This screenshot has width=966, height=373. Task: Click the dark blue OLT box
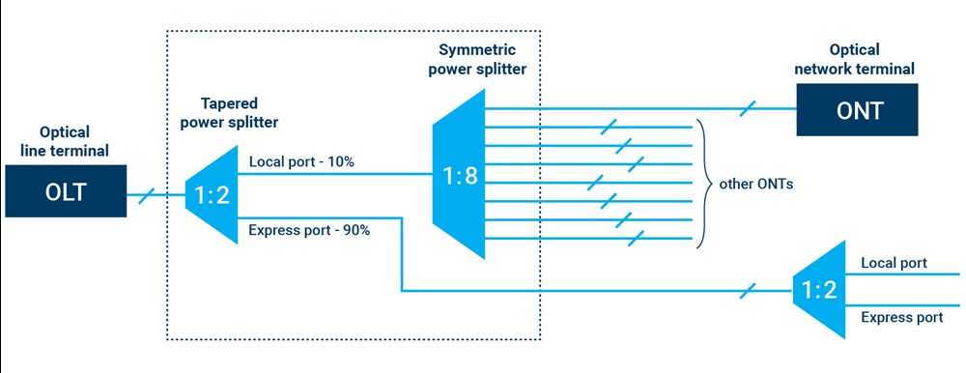(66, 190)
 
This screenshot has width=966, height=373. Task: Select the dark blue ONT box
(855, 109)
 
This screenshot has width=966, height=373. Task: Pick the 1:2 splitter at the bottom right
(817, 290)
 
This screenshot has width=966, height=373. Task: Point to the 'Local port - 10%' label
(301, 162)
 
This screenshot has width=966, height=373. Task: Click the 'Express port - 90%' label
(309, 230)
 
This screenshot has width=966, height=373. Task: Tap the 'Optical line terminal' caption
(66, 141)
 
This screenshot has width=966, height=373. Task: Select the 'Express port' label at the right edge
(901, 317)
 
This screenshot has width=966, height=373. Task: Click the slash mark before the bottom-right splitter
(750, 289)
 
